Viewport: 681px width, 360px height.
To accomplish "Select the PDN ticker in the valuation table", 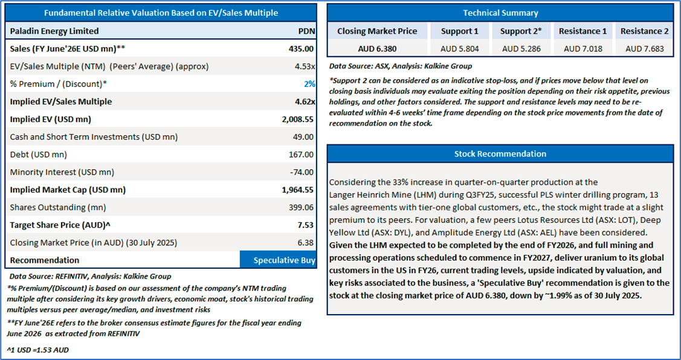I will [x=306, y=31].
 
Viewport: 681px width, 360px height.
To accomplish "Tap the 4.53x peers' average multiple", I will [x=304, y=66].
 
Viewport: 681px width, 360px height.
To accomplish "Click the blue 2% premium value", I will [x=308, y=83].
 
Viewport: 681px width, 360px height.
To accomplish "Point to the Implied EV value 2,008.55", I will [x=296, y=119].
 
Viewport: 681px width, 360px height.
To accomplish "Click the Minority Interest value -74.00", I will [x=301, y=172].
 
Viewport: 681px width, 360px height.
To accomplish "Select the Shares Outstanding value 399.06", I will [x=301, y=207].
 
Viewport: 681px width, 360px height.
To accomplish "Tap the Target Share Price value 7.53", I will [x=306, y=225].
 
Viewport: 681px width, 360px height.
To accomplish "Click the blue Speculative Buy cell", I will [x=278, y=260].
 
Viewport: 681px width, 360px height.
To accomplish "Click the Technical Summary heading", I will [x=500, y=13].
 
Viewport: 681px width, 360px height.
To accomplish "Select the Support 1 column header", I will [x=460, y=31].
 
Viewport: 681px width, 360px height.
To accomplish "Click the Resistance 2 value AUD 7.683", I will [x=645, y=49].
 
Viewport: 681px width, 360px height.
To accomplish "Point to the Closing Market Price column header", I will [x=377, y=31].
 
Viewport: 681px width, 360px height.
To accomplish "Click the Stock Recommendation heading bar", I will [x=500, y=153].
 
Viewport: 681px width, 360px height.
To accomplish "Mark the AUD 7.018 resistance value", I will [x=583, y=49].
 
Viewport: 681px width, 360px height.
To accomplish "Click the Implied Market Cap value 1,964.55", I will [x=296, y=190].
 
